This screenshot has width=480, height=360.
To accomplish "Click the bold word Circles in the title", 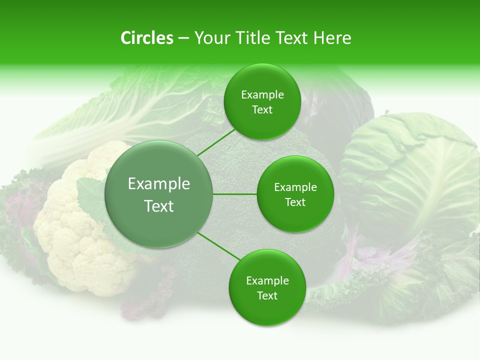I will tap(146, 38).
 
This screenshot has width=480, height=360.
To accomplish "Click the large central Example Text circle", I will tap(159, 194).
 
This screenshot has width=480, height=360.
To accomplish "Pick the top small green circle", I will tap(262, 102).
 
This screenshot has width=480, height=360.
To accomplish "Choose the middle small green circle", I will tap(295, 194).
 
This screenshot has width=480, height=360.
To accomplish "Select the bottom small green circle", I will tap(267, 287).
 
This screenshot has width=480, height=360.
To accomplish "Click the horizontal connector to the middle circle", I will tap(235, 194).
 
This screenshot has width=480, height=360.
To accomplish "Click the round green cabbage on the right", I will tap(410, 175).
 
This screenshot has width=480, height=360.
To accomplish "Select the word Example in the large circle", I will tap(159, 184).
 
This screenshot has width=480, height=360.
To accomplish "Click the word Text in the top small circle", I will tap(262, 109).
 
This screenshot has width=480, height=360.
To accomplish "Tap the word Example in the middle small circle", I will tap(295, 187).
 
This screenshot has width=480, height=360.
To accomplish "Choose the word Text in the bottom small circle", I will tap(267, 295).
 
